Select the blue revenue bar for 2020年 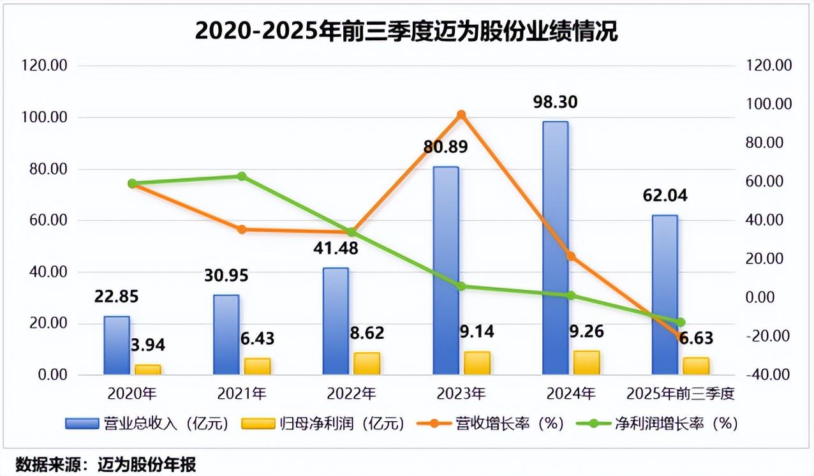(x=117, y=345)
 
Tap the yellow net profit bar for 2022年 (x=367, y=363)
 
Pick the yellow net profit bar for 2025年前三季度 (x=696, y=366)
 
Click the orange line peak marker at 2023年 (x=462, y=115)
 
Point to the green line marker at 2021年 (x=242, y=176)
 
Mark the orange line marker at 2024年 (x=571, y=257)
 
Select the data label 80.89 (x=446, y=147)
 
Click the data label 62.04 (x=665, y=195)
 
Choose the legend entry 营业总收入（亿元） (x=147, y=423)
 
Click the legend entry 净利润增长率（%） (x=657, y=423)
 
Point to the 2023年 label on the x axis (x=461, y=394)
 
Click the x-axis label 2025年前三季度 (x=680, y=394)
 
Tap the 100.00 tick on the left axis (x=45, y=117)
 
